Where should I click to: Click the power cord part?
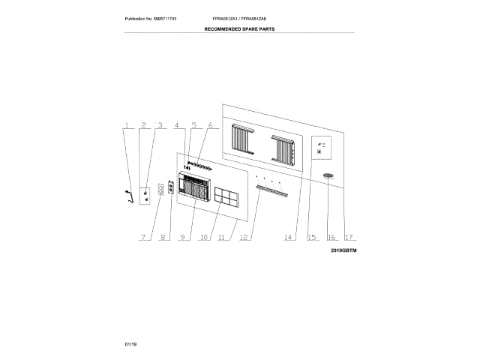click(127, 196)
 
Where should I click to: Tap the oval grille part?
click(328, 176)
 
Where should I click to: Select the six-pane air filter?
click(226, 197)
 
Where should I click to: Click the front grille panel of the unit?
click(193, 188)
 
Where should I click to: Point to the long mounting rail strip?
click(270, 191)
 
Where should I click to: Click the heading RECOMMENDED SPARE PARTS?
click(240, 30)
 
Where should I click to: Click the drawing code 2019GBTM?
click(343, 250)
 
